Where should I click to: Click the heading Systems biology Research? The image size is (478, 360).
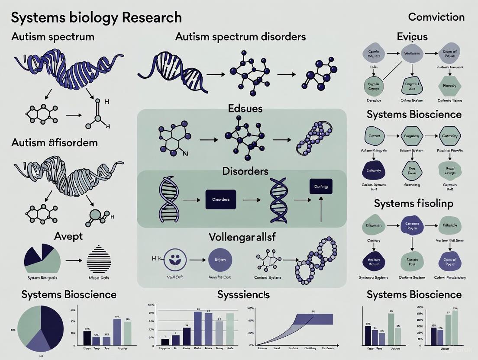96,18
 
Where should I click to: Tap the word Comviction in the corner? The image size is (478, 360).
436,17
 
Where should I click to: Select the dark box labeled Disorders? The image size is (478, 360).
220,199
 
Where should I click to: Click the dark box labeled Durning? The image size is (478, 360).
321,186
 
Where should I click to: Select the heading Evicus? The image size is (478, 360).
412,37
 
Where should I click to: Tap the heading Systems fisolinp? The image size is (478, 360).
413,203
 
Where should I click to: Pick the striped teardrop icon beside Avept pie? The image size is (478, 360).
99,260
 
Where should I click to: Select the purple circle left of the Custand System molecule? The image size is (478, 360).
220,260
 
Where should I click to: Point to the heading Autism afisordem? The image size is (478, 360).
54,142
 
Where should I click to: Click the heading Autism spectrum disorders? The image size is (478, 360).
240,36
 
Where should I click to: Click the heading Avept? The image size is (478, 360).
68,236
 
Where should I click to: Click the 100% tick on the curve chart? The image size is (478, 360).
250,309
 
